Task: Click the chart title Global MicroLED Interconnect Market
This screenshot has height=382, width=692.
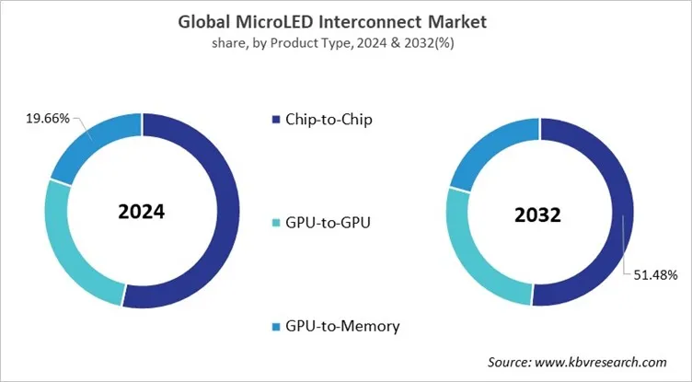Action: pos(346,19)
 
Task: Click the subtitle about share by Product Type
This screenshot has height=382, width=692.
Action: pos(346,41)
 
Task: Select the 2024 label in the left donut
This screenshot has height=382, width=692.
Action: pos(142,211)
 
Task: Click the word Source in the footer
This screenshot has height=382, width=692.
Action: pos(508,363)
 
